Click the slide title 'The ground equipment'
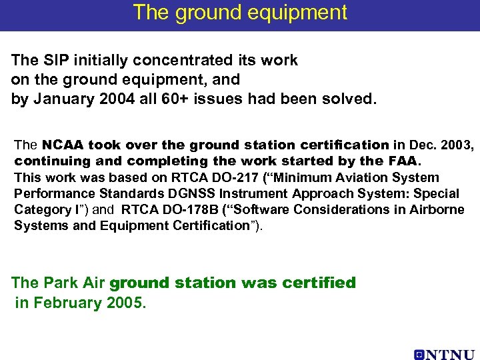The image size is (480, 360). click(x=240, y=13)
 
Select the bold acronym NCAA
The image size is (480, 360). click(x=64, y=145)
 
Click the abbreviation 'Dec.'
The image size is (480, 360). click(x=422, y=145)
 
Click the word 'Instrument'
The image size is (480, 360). click(x=269, y=193)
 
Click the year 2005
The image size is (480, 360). click(x=124, y=303)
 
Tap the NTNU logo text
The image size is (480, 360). click(x=444, y=355)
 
